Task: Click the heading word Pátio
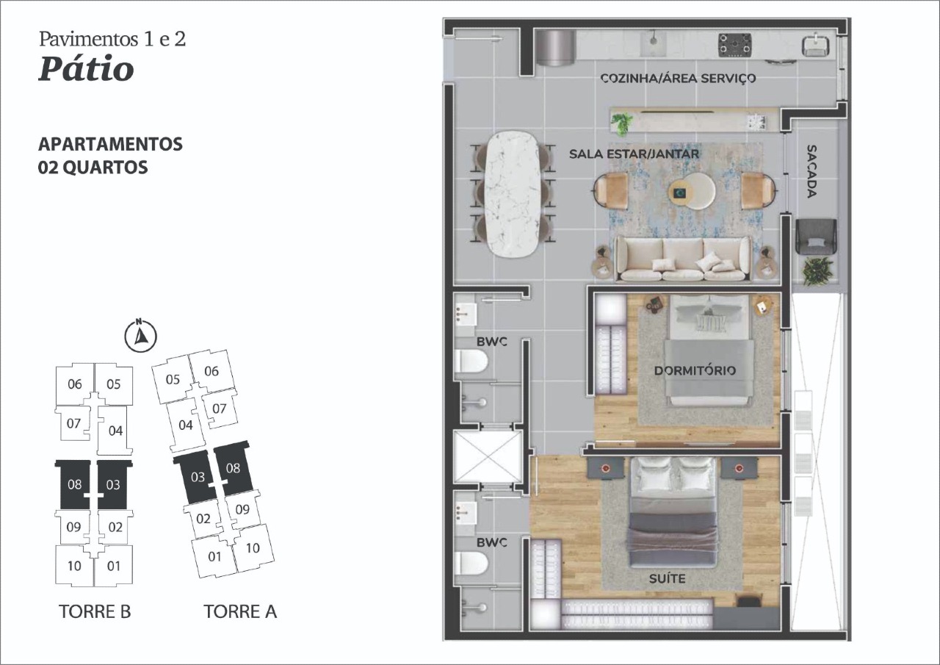(x=86, y=69)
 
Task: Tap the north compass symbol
(x=141, y=336)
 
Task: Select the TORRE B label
(x=95, y=611)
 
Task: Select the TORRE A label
(x=240, y=611)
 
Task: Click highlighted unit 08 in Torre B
(x=74, y=484)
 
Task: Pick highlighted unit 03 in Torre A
(x=197, y=477)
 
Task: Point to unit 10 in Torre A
(x=253, y=548)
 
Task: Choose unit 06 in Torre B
(x=74, y=384)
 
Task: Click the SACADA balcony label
(x=811, y=171)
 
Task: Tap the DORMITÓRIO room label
(x=695, y=370)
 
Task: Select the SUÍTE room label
(x=668, y=579)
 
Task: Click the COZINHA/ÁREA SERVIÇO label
(x=678, y=79)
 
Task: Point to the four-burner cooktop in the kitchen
(x=734, y=46)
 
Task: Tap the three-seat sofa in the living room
(x=682, y=258)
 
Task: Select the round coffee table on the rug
(x=692, y=191)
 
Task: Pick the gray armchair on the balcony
(x=816, y=237)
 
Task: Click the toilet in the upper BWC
(x=471, y=361)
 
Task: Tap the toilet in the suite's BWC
(x=471, y=564)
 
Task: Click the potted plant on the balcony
(x=817, y=271)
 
